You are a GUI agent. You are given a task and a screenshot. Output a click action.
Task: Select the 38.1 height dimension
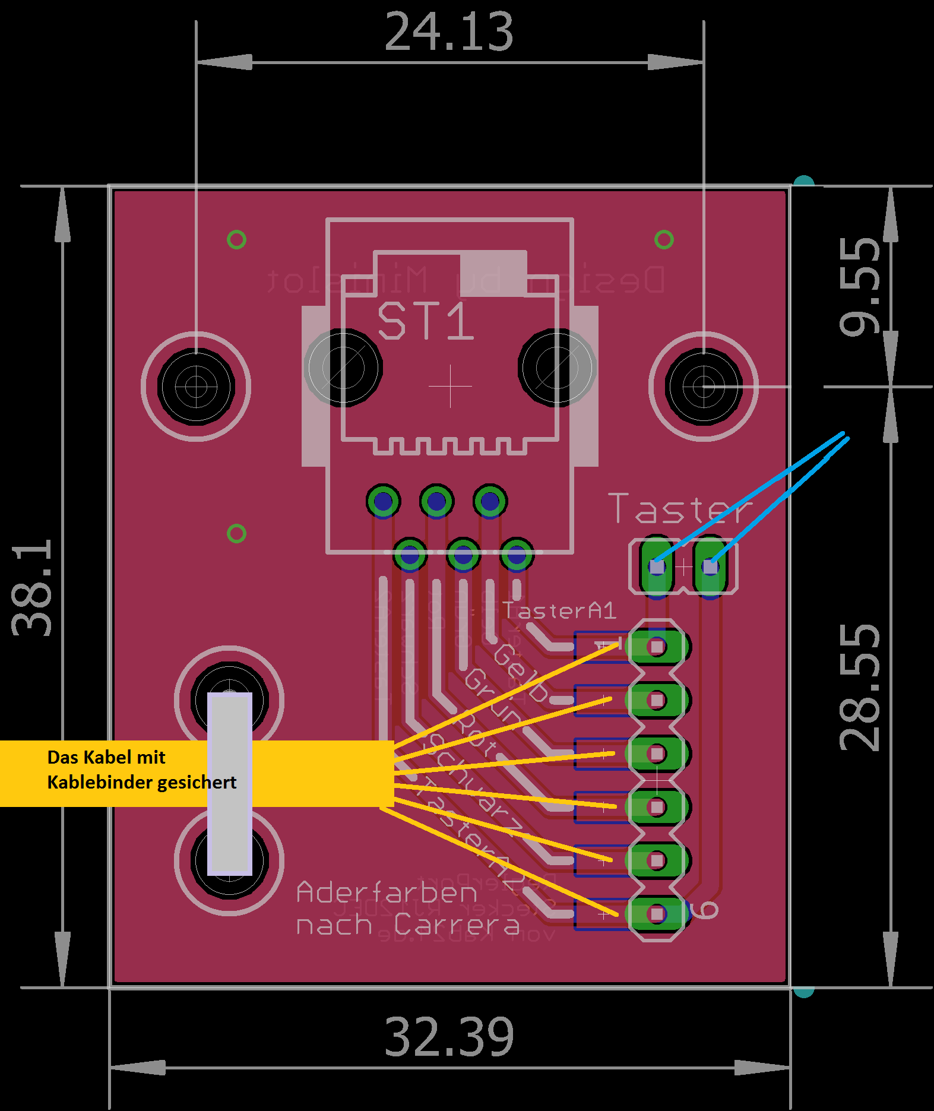(32, 587)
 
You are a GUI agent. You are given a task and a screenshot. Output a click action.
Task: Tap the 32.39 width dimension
(449, 1036)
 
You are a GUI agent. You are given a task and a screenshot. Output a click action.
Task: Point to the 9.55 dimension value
(860, 286)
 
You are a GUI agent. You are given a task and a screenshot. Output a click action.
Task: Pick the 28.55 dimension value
(860, 687)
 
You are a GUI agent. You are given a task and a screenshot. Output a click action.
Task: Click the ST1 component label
(425, 321)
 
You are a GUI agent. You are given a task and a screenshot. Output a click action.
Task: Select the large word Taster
(680, 509)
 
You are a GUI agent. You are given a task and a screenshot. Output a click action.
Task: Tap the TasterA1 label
(559, 610)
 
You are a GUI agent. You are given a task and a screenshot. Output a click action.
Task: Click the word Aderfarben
(387, 892)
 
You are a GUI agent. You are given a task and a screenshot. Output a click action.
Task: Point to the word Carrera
(456, 925)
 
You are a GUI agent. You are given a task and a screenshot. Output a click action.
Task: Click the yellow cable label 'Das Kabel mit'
(106, 757)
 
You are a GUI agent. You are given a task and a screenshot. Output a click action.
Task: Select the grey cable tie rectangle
(230, 783)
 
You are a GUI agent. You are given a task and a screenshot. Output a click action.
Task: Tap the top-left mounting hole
(196, 387)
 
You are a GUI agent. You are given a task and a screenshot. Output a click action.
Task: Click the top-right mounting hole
(704, 387)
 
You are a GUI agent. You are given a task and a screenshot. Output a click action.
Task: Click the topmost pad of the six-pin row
(657, 647)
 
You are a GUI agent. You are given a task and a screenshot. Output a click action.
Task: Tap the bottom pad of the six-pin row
(657, 914)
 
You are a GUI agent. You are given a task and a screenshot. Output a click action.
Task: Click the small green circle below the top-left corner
(236, 240)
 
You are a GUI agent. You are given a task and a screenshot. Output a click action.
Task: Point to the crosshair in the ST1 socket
(450, 387)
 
